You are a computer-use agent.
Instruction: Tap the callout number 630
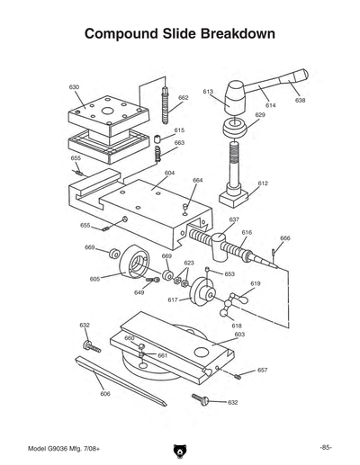coord(74,86)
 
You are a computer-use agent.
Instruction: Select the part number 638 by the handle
coord(300,100)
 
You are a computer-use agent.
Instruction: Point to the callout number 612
coord(263,183)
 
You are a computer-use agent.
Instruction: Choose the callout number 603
coord(239,334)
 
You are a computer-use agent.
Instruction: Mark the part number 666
coord(285,238)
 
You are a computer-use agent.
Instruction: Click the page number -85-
coord(325,447)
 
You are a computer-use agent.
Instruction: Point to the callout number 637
coord(234,219)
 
